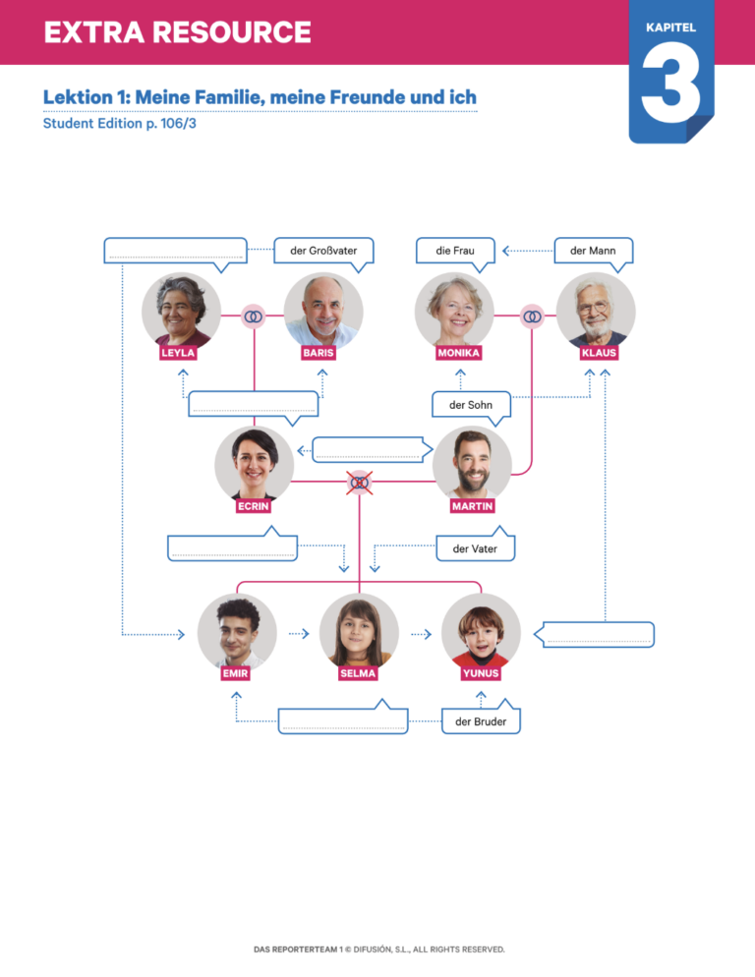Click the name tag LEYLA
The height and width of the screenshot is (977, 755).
coord(178,353)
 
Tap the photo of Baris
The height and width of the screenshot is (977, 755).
coord(323,311)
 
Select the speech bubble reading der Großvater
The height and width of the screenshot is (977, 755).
coord(323,252)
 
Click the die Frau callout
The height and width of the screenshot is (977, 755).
coord(455,252)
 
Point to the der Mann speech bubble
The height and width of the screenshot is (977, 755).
coord(593,252)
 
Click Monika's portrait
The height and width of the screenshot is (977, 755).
coord(454,311)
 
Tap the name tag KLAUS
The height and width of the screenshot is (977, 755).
coord(599,353)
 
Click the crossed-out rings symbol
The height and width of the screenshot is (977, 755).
coord(360,482)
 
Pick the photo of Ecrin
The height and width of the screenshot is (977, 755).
coord(254,464)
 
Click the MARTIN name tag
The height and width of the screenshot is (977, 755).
coord(473,506)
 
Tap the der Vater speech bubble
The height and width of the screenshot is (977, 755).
coord(475,549)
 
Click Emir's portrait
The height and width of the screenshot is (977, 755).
coord(236,632)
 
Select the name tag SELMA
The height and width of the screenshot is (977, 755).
coord(358,674)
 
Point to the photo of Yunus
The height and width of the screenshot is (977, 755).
coord(481,632)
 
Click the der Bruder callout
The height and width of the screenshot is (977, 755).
coord(481,722)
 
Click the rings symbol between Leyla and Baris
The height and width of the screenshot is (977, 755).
coord(254,316)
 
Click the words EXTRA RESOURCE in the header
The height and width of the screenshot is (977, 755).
coord(177,32)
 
